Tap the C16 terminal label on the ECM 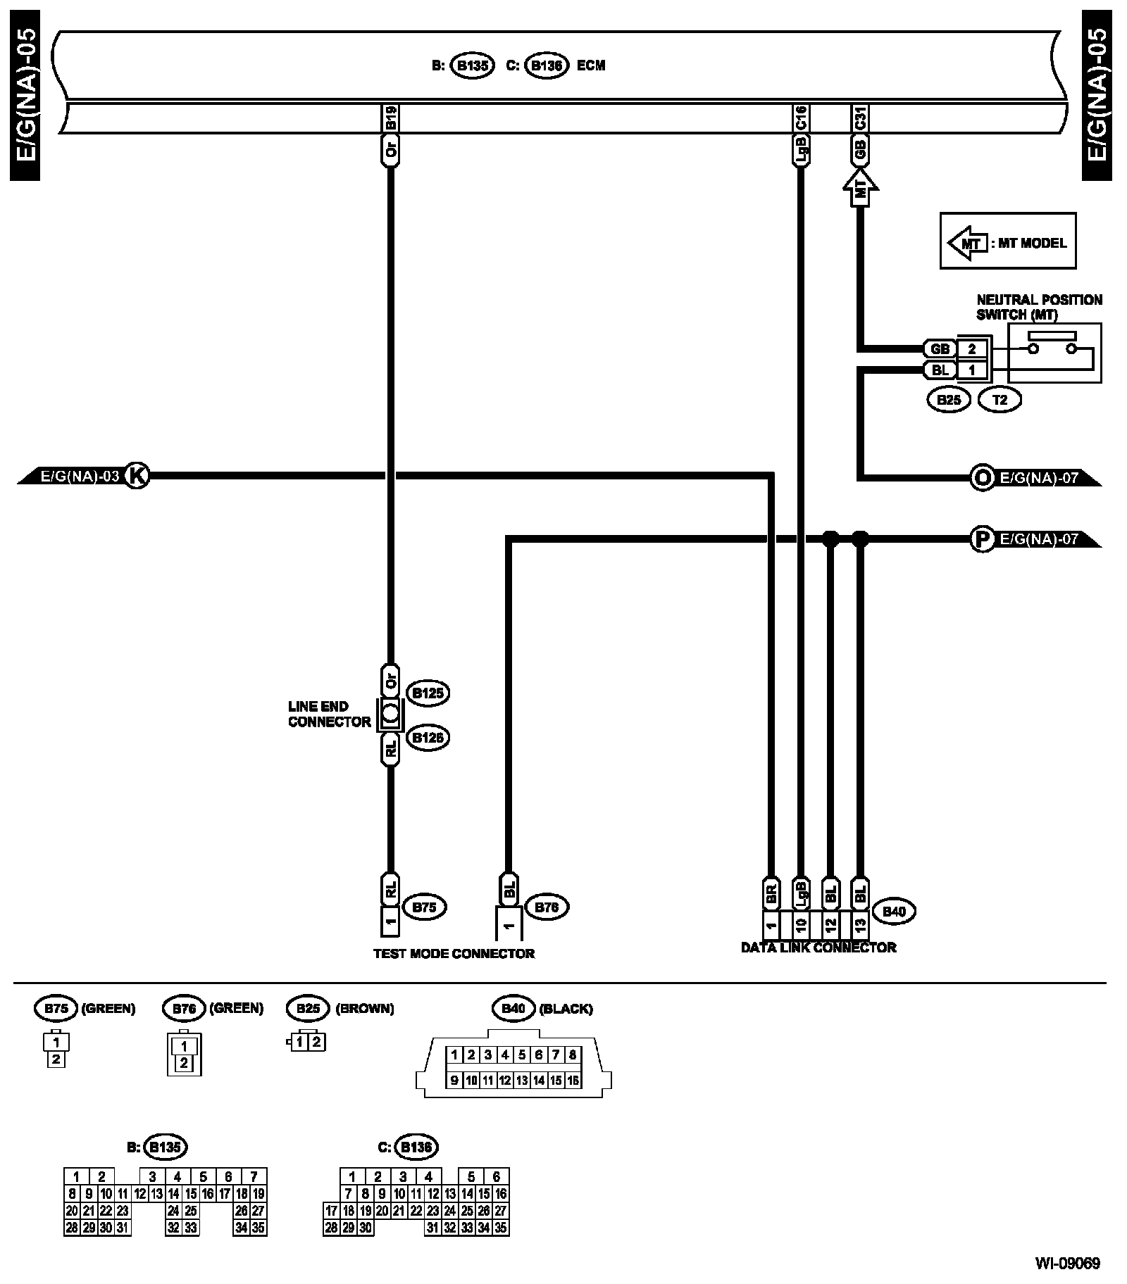click(801, 118)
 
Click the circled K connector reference click(137, 477)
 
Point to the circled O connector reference click(980, 477)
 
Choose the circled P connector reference click(980, 539)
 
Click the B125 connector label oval click(428, 693)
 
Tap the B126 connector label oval click(428, 738)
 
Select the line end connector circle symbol click(391, 715)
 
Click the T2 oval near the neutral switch click(1000, 401)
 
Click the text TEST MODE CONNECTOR click(454, 954)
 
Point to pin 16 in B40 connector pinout click(573, 1080)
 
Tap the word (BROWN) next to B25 click(364, 1009)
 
